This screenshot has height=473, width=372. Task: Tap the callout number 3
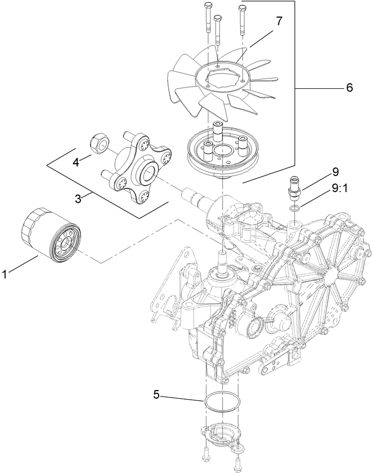click(79, 199)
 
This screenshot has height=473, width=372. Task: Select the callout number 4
click(77, 162)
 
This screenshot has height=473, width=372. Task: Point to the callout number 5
click(156, 394)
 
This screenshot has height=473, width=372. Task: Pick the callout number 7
click(279, 22)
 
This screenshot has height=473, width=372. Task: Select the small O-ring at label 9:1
click(293, 207)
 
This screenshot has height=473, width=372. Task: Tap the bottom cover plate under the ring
click(220, 433)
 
